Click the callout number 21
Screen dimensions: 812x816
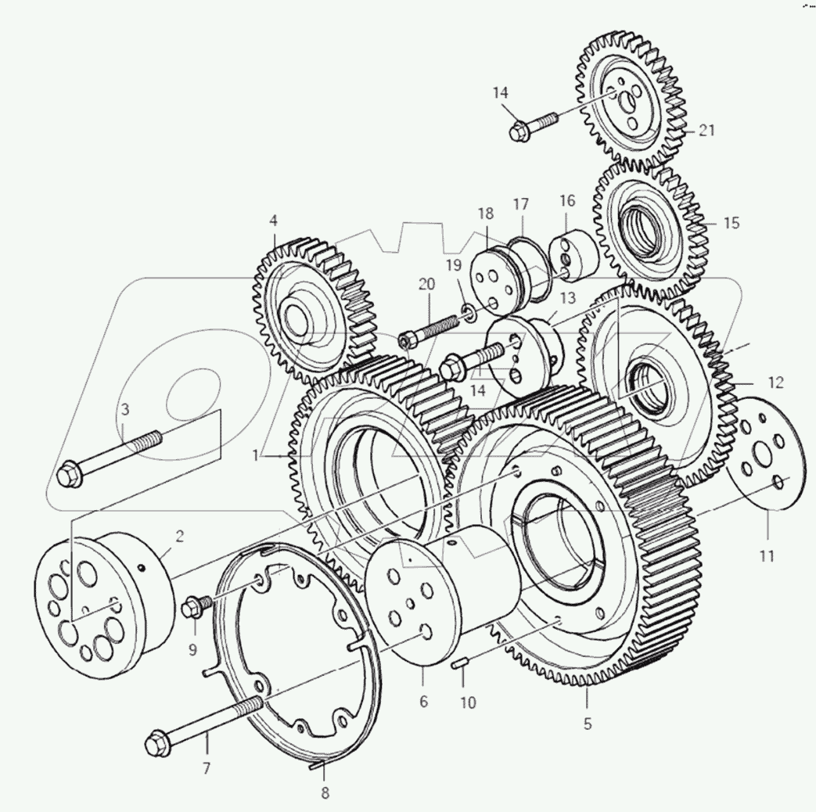coord(707,131)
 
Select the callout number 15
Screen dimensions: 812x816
coord(731,223)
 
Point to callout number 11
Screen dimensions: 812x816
coord(766,556)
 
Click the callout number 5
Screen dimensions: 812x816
coord(587,724)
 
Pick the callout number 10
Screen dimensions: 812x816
coord(467,702)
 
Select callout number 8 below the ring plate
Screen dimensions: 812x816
coord(325,792)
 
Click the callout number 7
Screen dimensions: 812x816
coord(207,768)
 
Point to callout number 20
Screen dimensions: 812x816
coord(426,284)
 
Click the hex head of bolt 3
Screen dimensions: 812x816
coord(70,475)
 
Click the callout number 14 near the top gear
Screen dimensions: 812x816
coord(501,93)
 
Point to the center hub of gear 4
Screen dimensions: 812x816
coord(298,316)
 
